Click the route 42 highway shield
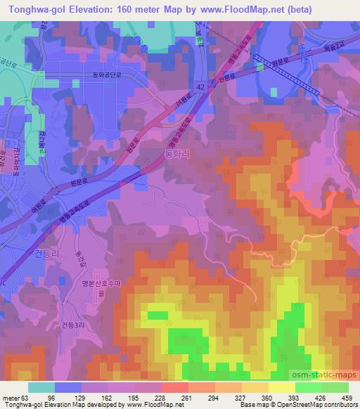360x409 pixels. pyautogui.click(x=201, y=85)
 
